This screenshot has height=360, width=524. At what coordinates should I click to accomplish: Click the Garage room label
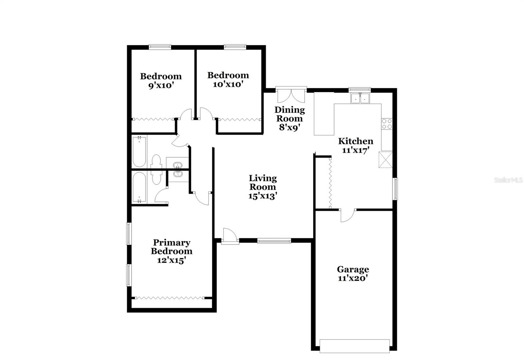(353, 269)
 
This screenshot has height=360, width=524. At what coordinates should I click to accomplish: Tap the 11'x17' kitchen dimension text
(356, 150)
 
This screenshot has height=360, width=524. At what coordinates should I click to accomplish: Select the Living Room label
(263, 182)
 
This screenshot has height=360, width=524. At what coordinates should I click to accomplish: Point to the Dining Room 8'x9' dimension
(290, 127)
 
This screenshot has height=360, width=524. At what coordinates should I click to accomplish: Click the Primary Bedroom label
(171, 247)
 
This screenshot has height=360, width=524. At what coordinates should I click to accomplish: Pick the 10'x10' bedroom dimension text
(228, 84)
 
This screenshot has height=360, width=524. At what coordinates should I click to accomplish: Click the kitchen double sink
(360, 98)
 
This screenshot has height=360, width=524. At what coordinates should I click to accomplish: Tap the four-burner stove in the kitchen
(387, 124)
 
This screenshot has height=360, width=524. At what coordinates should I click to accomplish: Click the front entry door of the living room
(229, 236)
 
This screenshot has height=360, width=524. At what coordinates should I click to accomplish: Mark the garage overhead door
(354, 346)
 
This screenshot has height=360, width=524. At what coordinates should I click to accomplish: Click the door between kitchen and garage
(347, 215)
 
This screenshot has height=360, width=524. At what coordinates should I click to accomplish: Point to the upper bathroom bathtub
(139, 152)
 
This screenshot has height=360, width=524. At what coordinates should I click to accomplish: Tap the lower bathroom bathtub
(139, 188)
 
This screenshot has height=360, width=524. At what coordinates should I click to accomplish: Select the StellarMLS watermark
(508, 180)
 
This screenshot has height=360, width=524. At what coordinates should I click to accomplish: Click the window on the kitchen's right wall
(395, 189)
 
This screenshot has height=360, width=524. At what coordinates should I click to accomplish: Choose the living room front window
(274, 241)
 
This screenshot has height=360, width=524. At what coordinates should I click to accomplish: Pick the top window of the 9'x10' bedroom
(160, 47)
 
